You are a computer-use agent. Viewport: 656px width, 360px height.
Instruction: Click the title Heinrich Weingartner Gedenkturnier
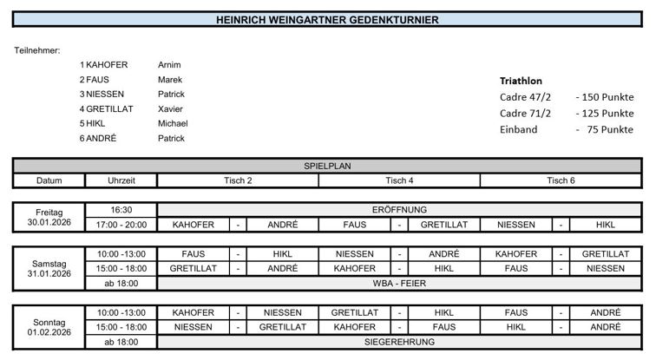pyautogui.click(x=327, y=19)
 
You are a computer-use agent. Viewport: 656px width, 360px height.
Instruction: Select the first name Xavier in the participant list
pyautogui.click(x=170, y=108)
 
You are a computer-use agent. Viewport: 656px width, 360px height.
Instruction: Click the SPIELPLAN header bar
pyautogui.click(x=327, y=166)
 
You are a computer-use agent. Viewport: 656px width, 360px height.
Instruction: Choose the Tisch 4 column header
pyautogui.click(x=399, y=180)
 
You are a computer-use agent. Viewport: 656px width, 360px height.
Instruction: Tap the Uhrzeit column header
pyautogui.click(x=121, y=180)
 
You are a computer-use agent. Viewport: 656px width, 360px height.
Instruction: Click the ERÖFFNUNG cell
pyautogui.click(x=399, y=210)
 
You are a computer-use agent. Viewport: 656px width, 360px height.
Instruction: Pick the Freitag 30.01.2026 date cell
pyautogui.click(x=49, y=217)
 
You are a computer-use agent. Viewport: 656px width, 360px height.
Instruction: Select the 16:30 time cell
pyautogui.click(x=121, y=210)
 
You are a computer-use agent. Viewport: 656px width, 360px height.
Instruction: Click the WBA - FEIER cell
pyautogui.click(x=399, y=284)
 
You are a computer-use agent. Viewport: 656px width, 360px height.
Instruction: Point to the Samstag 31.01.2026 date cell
pyautogui.click(x=49, y=269)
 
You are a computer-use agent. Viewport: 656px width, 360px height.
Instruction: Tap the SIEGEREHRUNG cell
pyautogui.click(x=399, y=342)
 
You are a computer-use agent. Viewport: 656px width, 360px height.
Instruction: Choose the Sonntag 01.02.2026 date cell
pyautogui.click(x=49, y=327)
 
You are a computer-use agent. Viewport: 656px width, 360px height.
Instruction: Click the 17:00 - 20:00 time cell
pyautogui.click(x=121, y=225)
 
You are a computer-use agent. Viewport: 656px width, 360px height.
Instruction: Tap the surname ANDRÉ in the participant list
pyautogui.click(x=101, y=138)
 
